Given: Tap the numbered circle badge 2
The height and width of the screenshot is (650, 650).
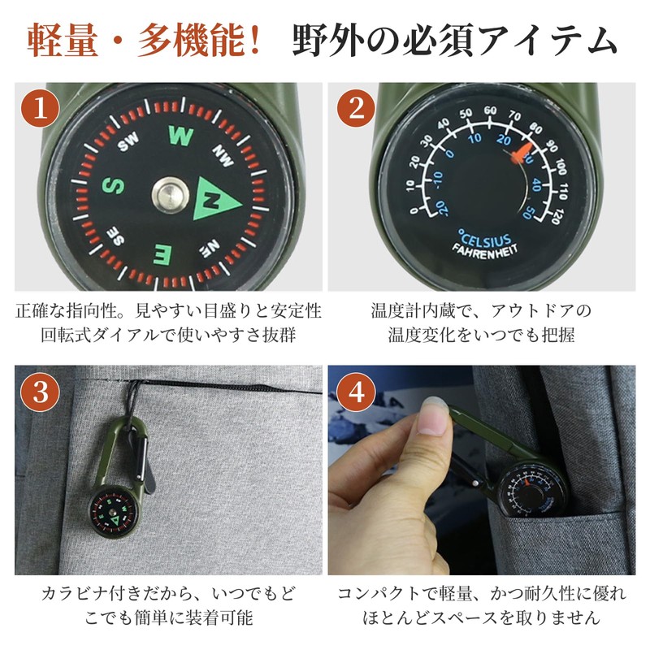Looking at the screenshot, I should (x=357, y=110).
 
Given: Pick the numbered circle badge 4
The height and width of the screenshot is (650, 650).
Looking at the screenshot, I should (x=357, y=393).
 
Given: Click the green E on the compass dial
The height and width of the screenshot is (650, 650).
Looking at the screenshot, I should (x=162, y=254).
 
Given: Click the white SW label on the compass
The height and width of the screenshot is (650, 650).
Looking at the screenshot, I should (x=128, y=143).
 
